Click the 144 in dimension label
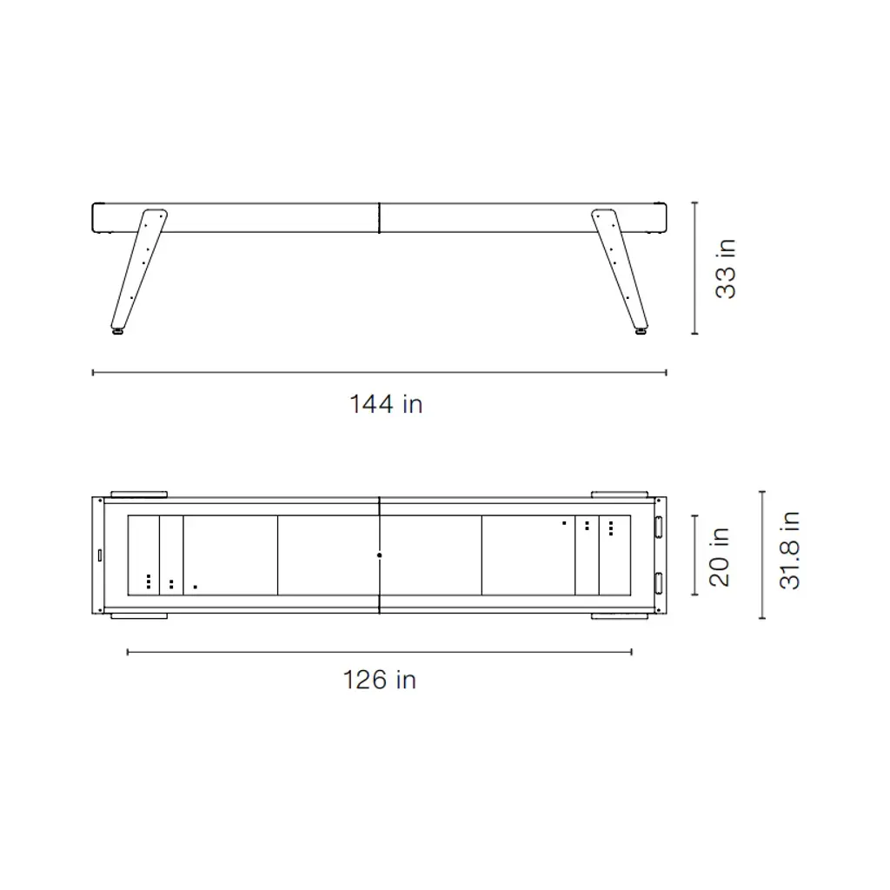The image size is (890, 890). coord(386,404)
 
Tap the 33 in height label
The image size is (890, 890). coord(726,269)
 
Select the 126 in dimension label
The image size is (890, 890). coord(380,680)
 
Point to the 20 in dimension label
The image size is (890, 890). coord(719,556)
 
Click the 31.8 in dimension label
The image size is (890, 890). coord(789,550)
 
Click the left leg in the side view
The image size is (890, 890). coord(139,269)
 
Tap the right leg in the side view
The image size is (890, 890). coord(619,269)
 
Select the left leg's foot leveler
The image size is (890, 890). coord(118,331)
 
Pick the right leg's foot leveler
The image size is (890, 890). coord(641,331)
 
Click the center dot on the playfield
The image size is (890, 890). coord(379,555)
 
